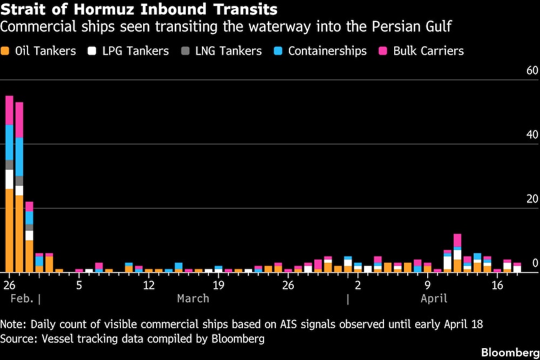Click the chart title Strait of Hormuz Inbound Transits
(x=139, y=9)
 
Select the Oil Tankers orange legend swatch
(x=6, y=51)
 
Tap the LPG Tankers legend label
(x=136, y=51)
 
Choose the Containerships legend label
(x=327, y=51)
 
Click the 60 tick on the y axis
(x=532, y=71)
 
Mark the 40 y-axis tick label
(x=532, y=135)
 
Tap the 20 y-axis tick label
(x=532, y=199)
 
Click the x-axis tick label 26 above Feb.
(x=9, y=284)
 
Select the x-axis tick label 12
(x=148, y=284)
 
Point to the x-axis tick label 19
(x=218, y=284)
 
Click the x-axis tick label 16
(x=497, y=284)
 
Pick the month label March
(x=193, y=298)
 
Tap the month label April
(x=434, y=298)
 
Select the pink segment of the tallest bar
(x=9, y=110)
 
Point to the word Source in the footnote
(x=16, y=339)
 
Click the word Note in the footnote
(x=13, y=324)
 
